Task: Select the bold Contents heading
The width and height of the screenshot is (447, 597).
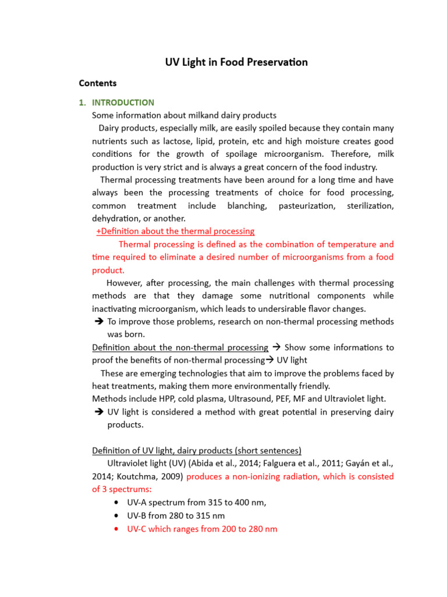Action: click(98, 83)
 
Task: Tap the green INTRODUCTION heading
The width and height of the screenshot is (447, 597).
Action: click(123, 103)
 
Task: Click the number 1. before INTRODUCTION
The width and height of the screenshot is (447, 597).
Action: click(82, 103)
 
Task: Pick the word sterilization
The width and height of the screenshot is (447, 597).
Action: click(370, 206)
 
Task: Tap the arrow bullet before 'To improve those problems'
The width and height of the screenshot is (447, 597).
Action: click(98, 322)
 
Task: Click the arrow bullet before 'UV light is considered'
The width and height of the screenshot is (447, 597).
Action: click(98, 412)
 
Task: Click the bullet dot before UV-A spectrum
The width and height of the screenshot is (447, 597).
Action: click(118, 503)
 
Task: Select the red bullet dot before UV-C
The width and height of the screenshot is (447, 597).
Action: click(118, 529)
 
